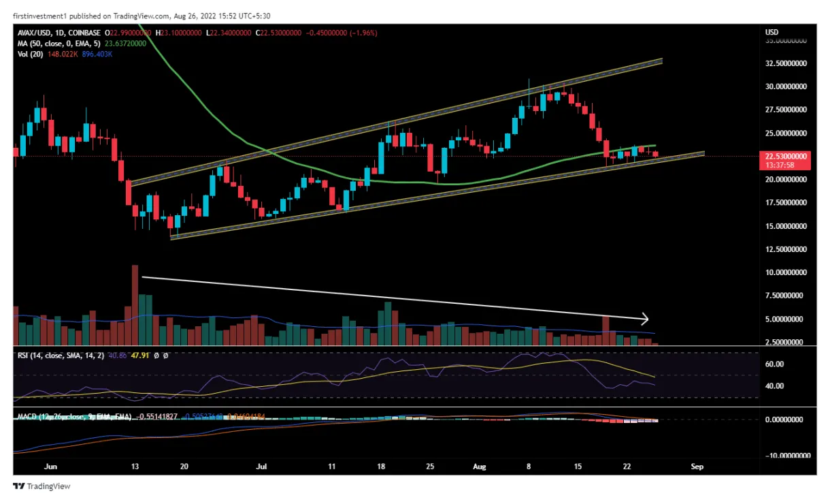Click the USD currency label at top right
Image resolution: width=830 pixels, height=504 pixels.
point(771,32)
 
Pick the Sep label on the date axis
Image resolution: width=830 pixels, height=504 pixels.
point(697,467)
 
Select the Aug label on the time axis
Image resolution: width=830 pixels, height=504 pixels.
point(480,467)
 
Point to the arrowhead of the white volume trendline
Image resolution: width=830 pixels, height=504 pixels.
point(646,318)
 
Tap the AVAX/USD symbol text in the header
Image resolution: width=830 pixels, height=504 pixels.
point(34,33)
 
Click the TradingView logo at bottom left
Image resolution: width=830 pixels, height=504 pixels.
point(42,486)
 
